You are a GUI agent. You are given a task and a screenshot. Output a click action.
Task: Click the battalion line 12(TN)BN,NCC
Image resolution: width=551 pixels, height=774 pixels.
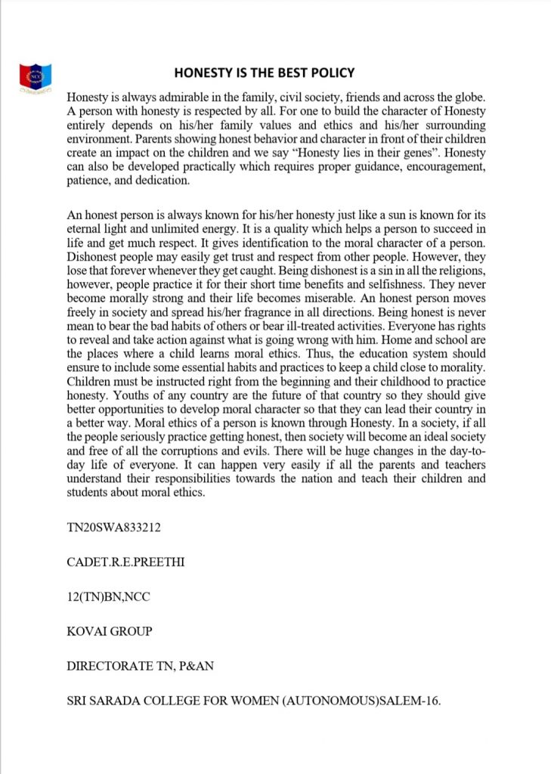point(109,595)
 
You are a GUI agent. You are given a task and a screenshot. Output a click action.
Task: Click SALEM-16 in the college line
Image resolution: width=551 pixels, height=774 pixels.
point(409,701)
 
